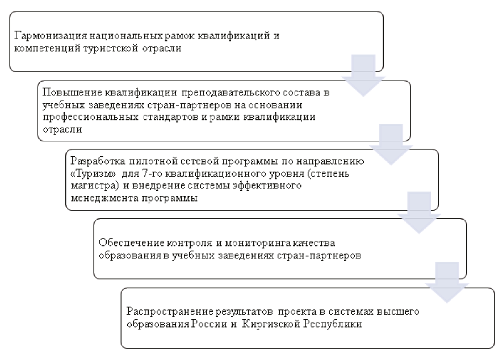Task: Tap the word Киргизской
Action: click(270, 324)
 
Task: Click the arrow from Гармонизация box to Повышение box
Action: click(363, 76)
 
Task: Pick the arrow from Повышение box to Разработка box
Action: click(391, 145)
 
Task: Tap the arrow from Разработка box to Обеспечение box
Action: click(419, 213)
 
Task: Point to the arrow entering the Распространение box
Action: click(447, 282)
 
